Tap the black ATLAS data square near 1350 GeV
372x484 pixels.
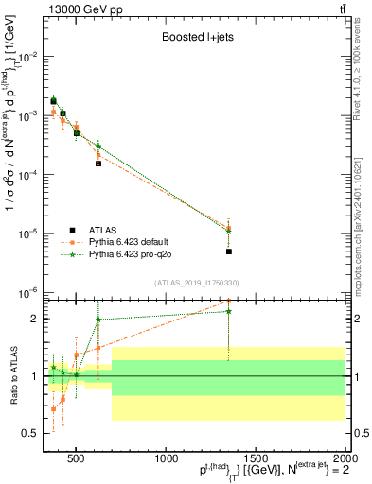pyautogui.click(x=229, y=251)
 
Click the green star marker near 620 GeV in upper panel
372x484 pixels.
pyautogui.click(x=98, y=146)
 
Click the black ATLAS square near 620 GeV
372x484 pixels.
pyautogui.click(x=98, y=164)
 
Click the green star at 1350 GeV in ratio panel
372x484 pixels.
pyautogui.click(x=229, y=311)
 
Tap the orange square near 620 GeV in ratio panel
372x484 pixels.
pyautogui.click(x=98, y=348)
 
